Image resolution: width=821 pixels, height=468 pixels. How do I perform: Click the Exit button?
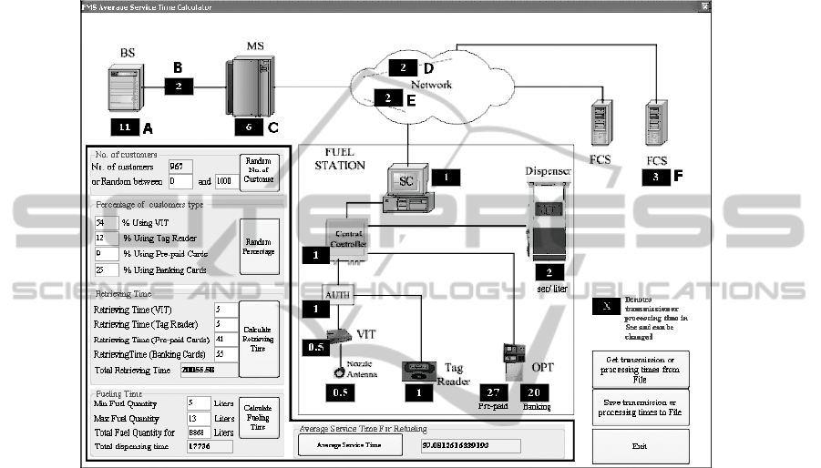coord(641,446)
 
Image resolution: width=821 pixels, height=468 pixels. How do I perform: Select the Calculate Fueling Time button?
coord(259,418)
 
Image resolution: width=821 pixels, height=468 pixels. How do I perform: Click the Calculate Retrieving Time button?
coord(259,340)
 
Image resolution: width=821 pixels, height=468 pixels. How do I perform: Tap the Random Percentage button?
coord(259,247)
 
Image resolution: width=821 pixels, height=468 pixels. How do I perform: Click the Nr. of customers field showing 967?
coord(181,166)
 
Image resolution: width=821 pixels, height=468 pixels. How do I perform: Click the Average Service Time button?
coord(350,445)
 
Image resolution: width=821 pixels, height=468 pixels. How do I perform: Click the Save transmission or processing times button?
coord(641,407)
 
